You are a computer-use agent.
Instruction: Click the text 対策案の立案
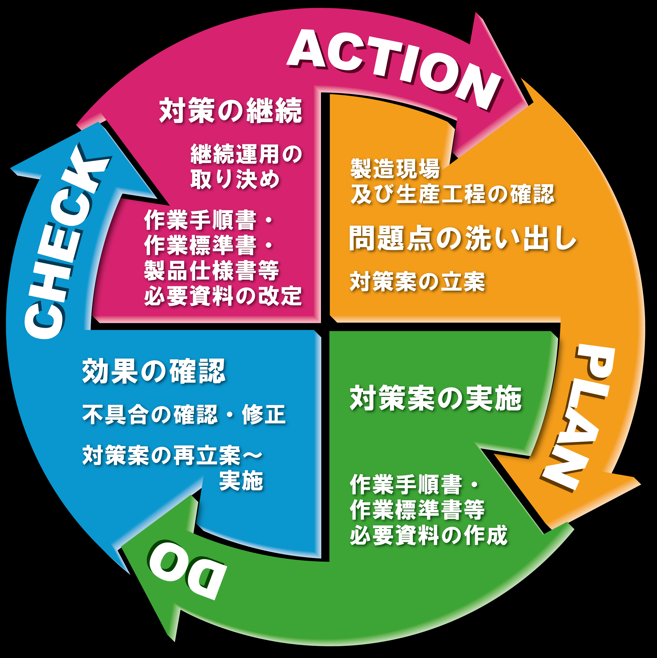click(417, 282)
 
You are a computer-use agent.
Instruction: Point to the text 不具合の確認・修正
click(184, 414)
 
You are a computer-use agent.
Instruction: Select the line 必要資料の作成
click(429, 535)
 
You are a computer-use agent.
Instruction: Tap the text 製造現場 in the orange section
click(395, 168)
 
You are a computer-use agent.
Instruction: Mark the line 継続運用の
click(246, 154)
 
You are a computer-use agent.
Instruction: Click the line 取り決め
click(235, 179)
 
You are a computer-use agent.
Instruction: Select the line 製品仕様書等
click(212, 270)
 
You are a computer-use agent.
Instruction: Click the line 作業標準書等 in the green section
click(417, 510)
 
